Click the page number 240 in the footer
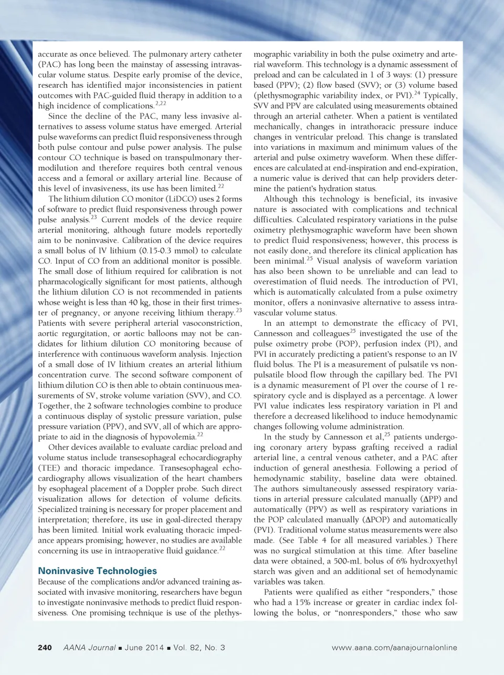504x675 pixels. (x=45, y=647)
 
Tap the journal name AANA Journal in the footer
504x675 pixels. (x=89, y=647)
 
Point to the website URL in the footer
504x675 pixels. (x=394, y=647)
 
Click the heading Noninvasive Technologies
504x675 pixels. (x=97, y=570)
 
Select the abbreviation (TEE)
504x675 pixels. (x=49, y=468)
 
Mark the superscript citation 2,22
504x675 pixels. (x=161, y=104)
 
